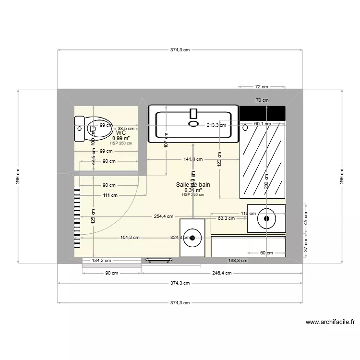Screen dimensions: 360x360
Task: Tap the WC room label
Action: coord(121,132)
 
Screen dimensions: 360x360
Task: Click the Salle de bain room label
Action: coord(193,184)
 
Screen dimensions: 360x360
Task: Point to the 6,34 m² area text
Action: coord(193,190)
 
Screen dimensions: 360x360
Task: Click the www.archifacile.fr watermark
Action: coord(330,323)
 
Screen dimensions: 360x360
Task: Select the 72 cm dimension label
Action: coord(261,87)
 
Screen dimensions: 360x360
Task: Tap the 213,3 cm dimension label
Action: coord(217,125)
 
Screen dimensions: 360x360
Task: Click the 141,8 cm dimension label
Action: coord(192,159)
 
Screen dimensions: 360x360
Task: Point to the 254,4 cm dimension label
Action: coord(163,216)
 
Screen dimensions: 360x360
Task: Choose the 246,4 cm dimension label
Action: coord(222,273)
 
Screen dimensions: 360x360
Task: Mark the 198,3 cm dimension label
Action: coord(237,261)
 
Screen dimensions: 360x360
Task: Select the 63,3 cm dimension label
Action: coord(226,218)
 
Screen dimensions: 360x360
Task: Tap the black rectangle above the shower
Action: coord(262,113)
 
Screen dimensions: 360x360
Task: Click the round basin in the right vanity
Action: coord(266,219)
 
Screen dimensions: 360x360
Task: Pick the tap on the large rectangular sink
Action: coord(193,114)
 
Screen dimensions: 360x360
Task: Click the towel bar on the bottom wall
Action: coord(159,260)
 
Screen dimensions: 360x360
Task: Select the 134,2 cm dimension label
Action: coord(101,261)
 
